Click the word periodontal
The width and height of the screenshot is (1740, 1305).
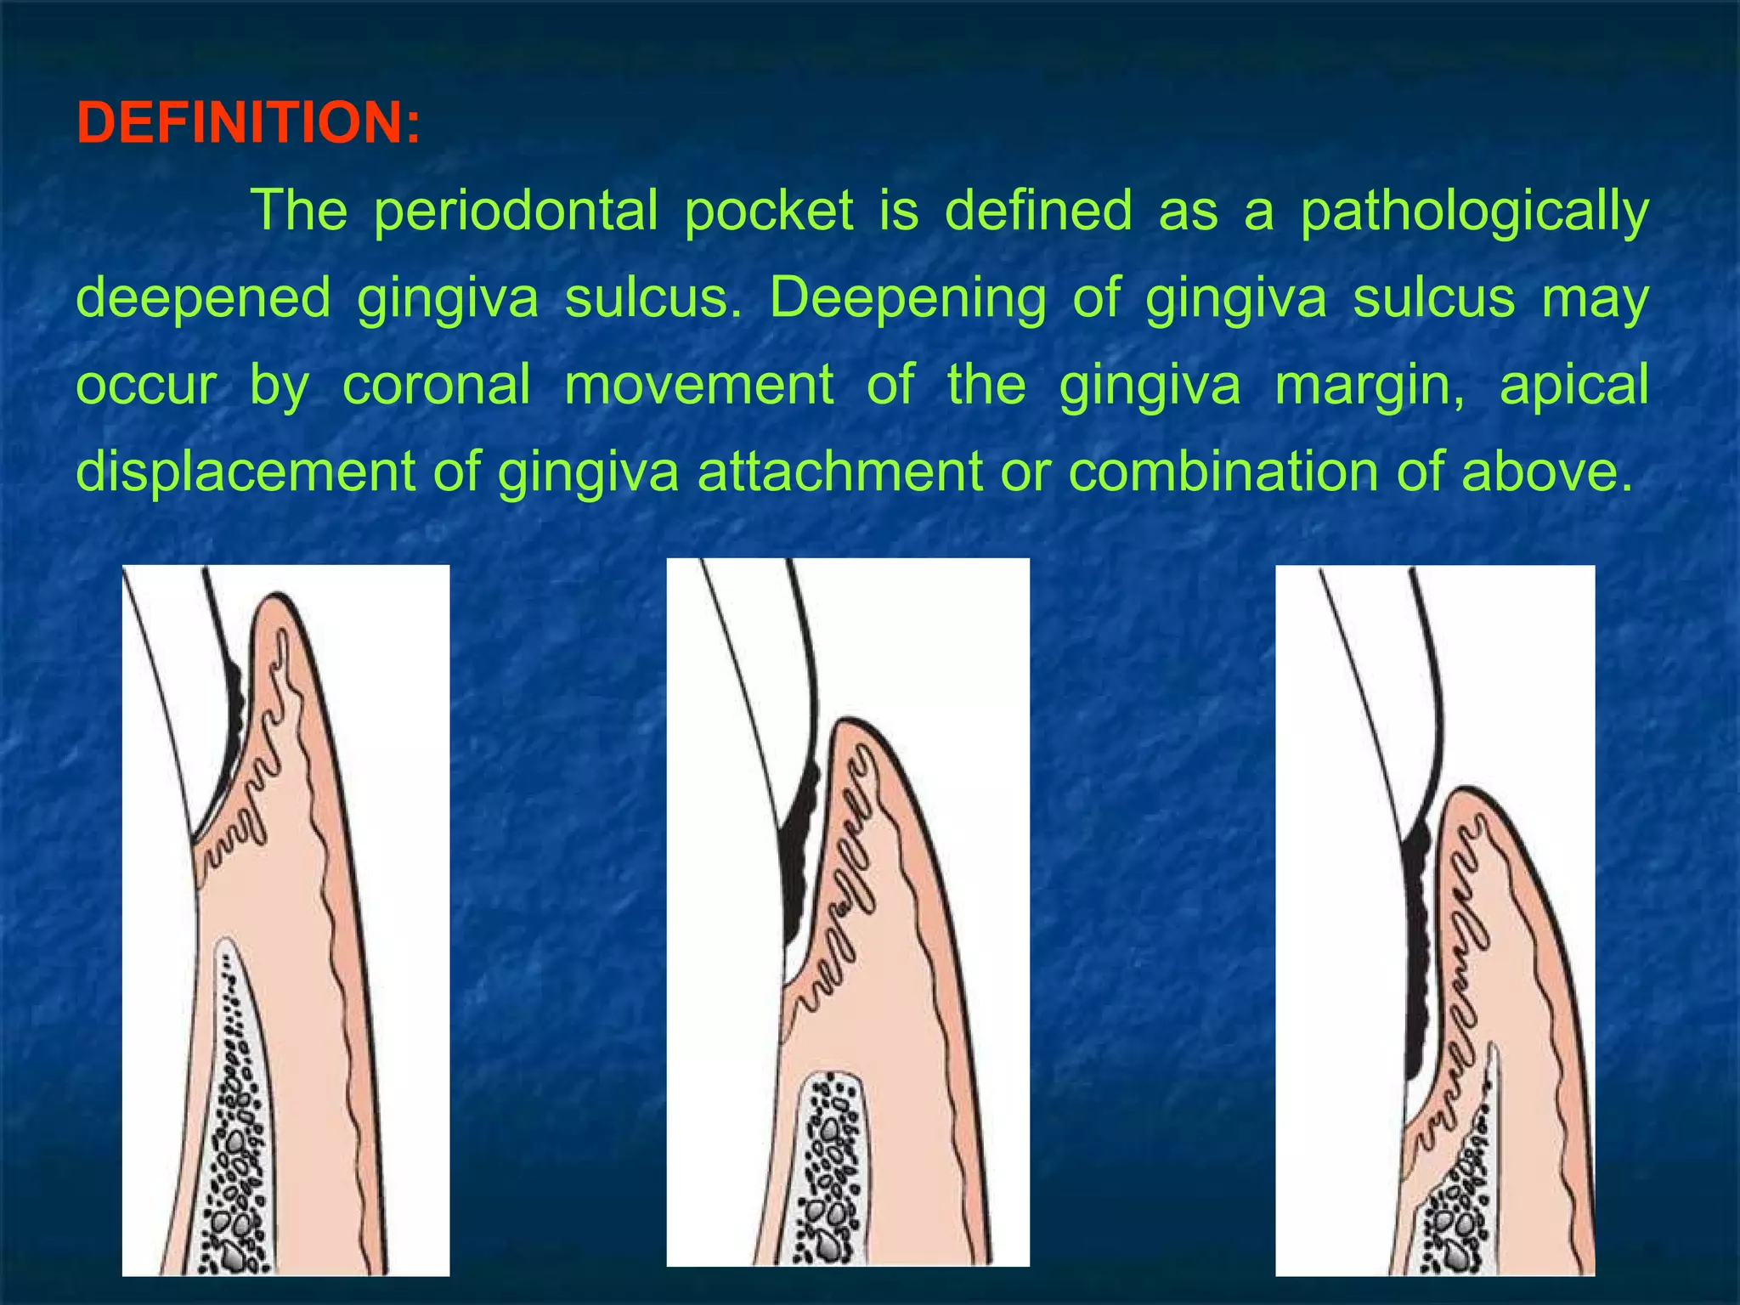(516, 210)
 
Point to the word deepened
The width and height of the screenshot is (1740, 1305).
(203, 299)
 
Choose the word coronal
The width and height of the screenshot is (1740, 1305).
(437, 385)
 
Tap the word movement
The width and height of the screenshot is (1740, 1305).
(698, 385)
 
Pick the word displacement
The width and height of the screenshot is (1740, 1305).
(246, 472)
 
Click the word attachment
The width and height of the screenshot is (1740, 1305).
(839, 472)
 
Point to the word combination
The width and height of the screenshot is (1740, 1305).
(1218, 472)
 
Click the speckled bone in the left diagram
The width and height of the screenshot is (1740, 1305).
(237, 1130)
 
